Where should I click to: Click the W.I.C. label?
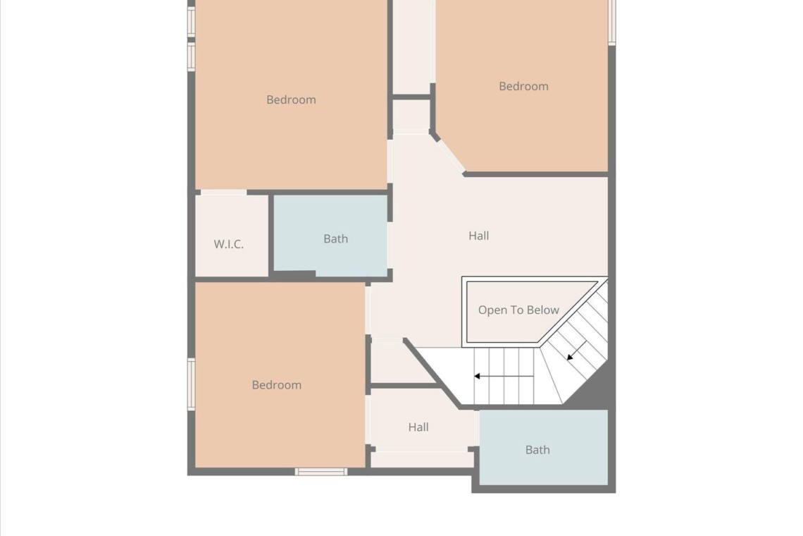click(x=228, y=244)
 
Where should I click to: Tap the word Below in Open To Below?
click(x=543, y=310)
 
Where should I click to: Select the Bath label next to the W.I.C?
click(x=335, y=238)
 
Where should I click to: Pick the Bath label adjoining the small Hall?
click(x=537, y=450)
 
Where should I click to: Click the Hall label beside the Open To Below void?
click(x=478, y=236)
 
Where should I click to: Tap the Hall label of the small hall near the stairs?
click(x=418, y=427)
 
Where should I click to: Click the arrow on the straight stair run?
click(x=504, y=376)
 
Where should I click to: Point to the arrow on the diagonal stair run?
click(x=577, y=350)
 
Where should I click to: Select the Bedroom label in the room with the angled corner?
click(x=523, y=86)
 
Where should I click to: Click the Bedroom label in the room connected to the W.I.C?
click(x=291, y=99)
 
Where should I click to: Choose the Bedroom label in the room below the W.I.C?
click(x=277, y=384)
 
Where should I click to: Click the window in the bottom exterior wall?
click(x=321, y=471)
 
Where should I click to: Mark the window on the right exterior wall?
click(x=611, y=22)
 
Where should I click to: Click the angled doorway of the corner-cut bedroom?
click(x=451, y=155)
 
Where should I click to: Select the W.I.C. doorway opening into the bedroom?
click(x=224, y=193)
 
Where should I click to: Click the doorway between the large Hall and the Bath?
click(x=390, y=245)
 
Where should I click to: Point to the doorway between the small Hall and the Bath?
click(x=476, y=428)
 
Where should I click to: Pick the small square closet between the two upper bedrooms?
click(x=411, y=116)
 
